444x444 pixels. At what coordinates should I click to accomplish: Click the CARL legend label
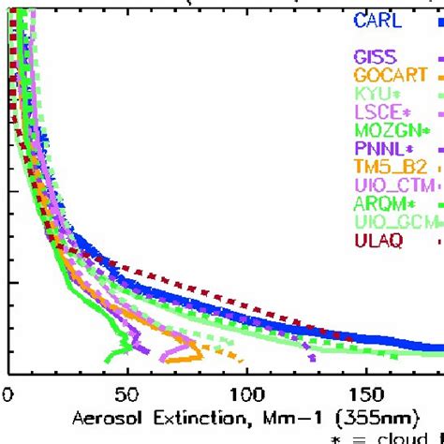pos(379,20)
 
